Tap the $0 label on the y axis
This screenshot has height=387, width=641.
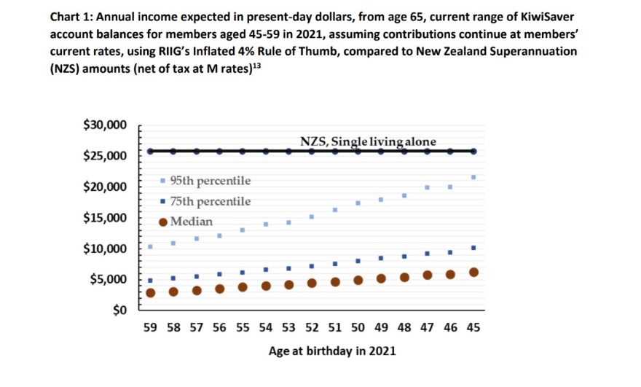(118, 310)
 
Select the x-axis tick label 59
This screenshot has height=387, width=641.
(151, 327)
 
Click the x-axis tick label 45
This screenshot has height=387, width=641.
(473, 327)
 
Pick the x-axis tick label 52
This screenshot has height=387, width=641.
(312, 327)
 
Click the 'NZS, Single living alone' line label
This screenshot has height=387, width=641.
(368, 141)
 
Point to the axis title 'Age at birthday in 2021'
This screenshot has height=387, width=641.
(332, 351)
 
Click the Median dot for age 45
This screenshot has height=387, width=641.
(473, 272)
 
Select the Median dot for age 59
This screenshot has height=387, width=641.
(151, 293)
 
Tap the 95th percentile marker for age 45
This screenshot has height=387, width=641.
(473, 177)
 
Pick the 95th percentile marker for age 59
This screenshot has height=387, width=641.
(151, 246)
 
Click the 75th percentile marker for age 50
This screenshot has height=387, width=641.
(358, 260)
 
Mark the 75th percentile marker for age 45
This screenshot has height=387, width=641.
(473, 248)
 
